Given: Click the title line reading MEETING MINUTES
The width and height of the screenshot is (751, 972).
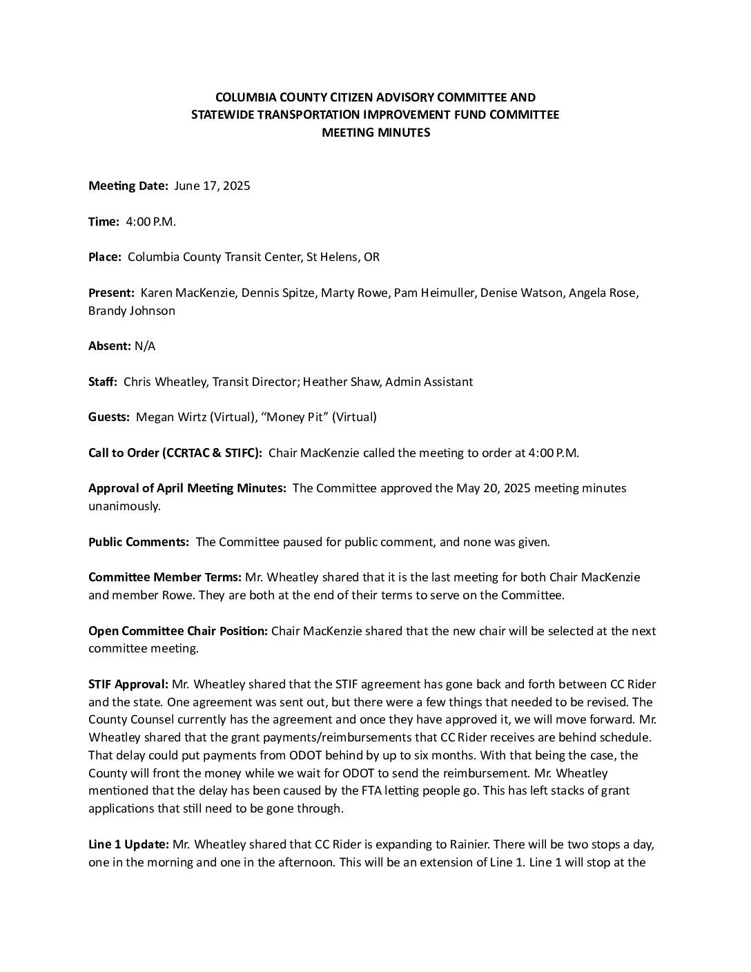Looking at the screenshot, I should [x=375, y=133].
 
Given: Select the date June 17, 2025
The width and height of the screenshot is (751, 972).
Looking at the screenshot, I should [x=212, y=186].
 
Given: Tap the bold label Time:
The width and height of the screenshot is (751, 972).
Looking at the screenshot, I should [x=104, y=222].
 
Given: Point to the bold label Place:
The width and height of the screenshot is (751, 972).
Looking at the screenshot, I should [x=105, y=257].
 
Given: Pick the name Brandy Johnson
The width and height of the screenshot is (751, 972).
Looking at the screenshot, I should [x=131, y=311].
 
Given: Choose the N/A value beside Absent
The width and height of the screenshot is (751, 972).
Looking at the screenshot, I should [x=145, y=346].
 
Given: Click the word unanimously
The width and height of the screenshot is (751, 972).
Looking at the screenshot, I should [x=124, y=506].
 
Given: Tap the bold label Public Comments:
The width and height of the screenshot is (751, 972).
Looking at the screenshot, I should [x=139, y=542].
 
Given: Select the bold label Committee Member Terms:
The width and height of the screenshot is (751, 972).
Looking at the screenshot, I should [x=165, y=577].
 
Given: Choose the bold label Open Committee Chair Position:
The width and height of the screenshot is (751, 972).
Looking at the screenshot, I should [x=178, y=631].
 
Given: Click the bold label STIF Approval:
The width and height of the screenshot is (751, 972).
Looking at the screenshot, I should [x=128, y=685].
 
